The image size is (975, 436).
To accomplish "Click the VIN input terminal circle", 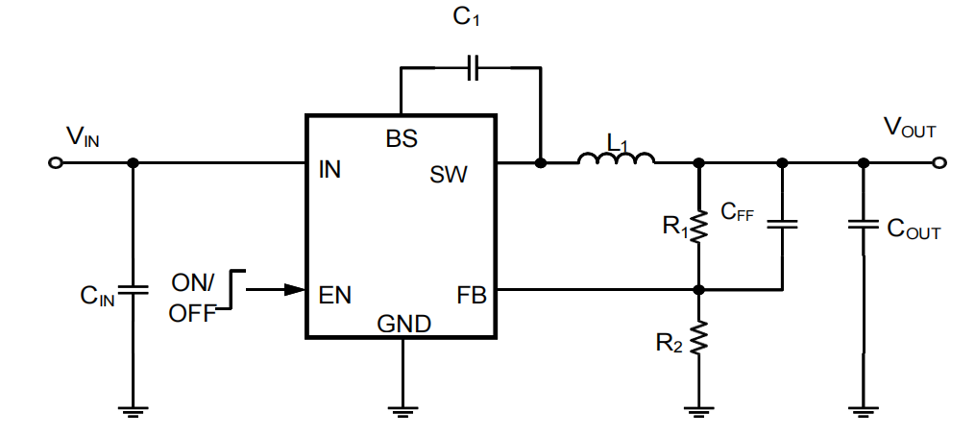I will point(56,163).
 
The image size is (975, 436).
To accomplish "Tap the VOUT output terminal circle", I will point(939,163).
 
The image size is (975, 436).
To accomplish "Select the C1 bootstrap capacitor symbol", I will point(471,68).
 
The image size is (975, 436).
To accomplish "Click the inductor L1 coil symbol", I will point(617,158).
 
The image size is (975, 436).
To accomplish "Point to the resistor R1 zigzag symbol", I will point(699,226).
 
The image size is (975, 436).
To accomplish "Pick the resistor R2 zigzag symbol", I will point(699,338).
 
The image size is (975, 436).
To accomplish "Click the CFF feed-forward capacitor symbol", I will point(783,225).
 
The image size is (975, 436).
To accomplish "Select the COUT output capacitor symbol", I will point(863,226).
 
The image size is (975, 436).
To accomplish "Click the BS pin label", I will point(402,138).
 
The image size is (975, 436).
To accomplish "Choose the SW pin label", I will point(449,174).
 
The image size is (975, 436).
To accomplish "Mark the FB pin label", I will point(472,295).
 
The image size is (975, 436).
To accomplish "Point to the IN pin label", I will point(329,171).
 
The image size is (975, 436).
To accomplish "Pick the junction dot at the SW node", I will point(541,163).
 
